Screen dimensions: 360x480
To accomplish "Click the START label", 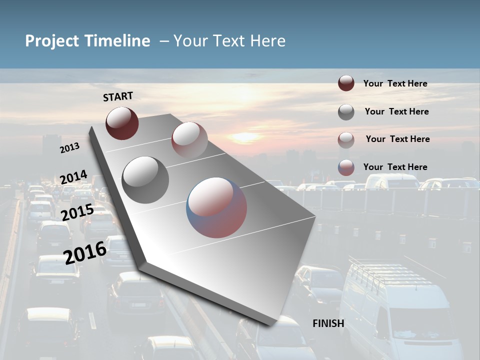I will coord(118,96).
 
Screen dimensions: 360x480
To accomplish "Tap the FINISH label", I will coord(328,323).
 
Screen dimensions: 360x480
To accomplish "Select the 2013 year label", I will coord(69,148).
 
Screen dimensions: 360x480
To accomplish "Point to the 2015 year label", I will coord(77,212).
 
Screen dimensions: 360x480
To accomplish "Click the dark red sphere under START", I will coord(122,123).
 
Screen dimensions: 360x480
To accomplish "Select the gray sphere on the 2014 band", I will coord(145,180).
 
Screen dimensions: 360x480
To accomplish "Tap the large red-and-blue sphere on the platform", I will coord(216,207).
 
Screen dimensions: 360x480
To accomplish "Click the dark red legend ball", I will coord(346,83).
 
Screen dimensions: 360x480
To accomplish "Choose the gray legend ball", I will coord(346,112).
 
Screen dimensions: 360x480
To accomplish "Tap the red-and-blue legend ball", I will coord(346,167).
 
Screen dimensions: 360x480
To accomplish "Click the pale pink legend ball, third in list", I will coord(346,140).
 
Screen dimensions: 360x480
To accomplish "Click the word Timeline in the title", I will coord(118,41).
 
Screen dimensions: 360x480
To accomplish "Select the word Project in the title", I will coord(52,41).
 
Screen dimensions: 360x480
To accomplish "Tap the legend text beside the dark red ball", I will coord(395,84).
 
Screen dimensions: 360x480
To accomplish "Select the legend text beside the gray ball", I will coord(396,111).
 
